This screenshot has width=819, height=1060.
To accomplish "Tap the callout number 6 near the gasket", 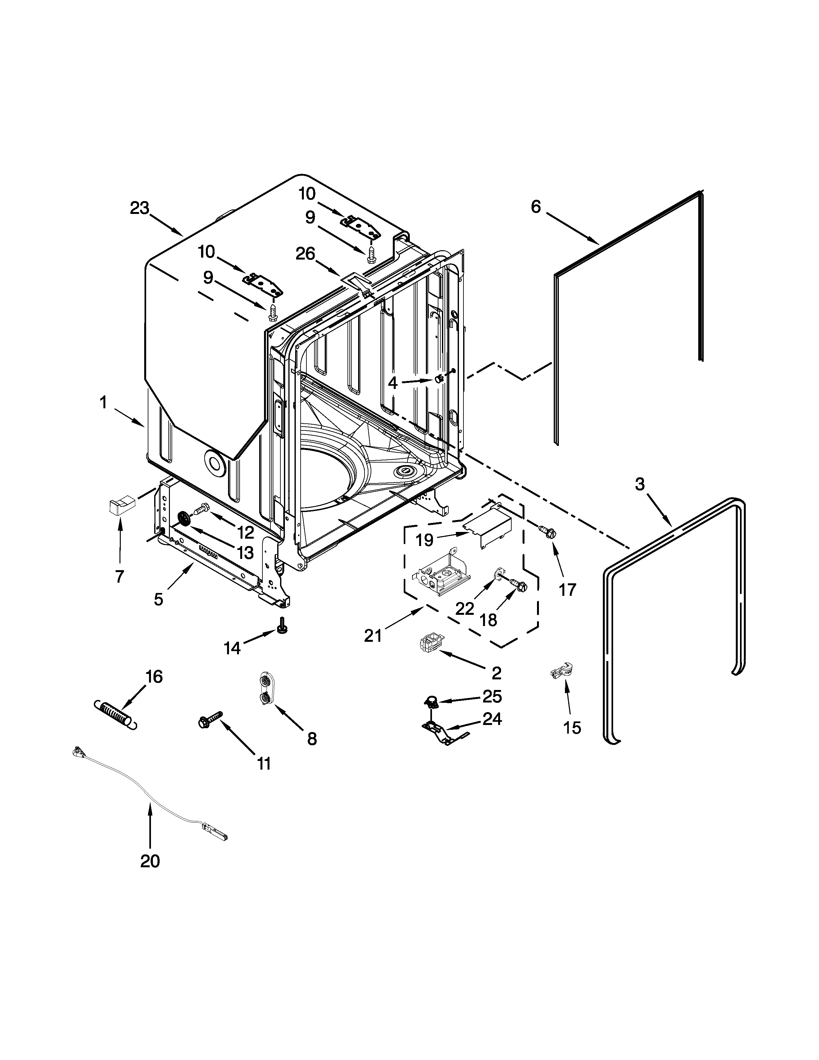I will coord(536,207).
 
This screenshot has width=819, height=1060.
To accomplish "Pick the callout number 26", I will coord(305,254).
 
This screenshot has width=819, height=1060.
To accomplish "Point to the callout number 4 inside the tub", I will coord(392,383).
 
